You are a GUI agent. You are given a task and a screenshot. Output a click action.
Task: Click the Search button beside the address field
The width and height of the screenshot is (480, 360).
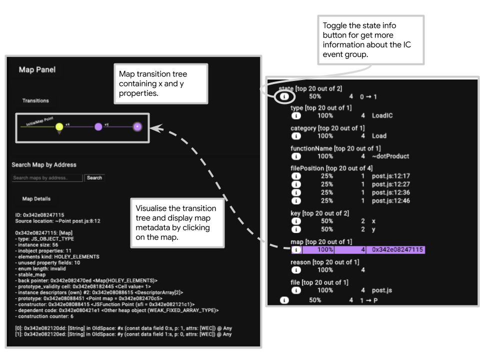[94, 177]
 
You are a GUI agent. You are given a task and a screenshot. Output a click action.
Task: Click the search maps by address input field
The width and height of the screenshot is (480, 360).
[47, 177]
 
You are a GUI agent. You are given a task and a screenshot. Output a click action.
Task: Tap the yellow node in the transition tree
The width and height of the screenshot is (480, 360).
[59, 127]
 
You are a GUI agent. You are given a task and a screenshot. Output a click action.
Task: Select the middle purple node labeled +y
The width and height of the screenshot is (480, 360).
[98, 127]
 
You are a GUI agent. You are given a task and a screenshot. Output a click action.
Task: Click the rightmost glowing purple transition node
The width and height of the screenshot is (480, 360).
[137, 127]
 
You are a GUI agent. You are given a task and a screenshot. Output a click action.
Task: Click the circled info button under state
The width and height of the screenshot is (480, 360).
[284, 96]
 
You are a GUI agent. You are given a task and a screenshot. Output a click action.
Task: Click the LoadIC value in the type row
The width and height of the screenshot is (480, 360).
[382, 115]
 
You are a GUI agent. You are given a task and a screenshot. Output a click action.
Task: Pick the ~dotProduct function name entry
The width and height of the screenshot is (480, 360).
[390, 156]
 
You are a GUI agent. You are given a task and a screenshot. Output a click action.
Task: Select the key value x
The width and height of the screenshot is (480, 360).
[374, 221]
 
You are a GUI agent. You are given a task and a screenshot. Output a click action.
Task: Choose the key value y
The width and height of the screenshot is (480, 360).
[374, 229]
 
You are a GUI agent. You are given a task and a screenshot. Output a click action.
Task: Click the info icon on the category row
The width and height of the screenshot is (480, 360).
[296, 135]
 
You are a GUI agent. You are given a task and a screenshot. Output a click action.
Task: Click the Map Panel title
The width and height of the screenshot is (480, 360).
[37, 70]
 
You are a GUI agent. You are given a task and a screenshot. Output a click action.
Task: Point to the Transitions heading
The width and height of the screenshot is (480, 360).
[35, 100]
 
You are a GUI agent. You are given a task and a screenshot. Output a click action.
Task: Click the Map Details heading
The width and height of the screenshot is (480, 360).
[36, 198]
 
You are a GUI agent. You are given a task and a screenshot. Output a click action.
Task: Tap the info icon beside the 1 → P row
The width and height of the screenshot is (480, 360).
[284, 300]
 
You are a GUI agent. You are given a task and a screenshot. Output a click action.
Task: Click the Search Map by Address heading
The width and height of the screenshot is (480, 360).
[44, 164]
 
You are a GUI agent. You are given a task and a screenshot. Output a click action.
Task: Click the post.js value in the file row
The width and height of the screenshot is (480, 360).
[381, 290]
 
